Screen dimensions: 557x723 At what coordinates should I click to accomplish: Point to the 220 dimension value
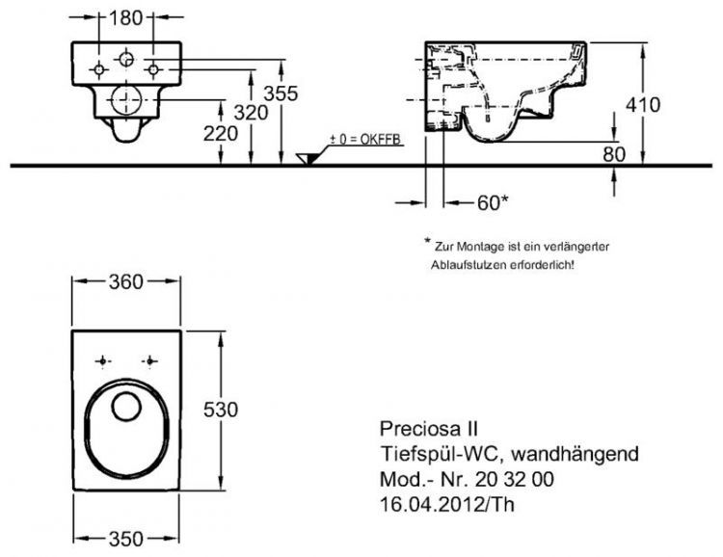click(x=220, y=136)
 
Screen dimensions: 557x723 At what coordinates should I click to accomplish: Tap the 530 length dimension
click(x=220, y=409)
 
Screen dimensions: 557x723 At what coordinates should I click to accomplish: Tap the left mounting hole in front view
click(x=99, y=69)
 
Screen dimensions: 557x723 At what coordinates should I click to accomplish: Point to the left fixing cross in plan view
click(x=101, y=361)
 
